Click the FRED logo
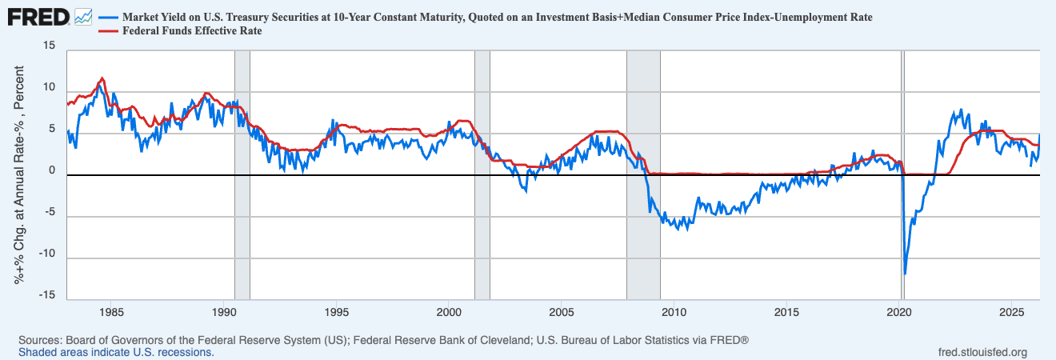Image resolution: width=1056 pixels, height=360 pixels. point(38,18)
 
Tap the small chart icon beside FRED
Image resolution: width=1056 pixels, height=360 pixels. point(83,18)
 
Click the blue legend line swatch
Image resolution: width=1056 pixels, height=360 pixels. point(109,18)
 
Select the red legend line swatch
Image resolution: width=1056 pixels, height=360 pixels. point(109,31)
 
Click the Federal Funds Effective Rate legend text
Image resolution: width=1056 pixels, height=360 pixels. point(192,31)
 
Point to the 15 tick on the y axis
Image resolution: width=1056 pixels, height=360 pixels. point(49,46)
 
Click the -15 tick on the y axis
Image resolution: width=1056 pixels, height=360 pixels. point(46,295)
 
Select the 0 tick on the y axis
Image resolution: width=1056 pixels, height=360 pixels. point(52,170)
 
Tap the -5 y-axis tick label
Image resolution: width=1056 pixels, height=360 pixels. point(50,212)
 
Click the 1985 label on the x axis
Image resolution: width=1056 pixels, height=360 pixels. point(111,313)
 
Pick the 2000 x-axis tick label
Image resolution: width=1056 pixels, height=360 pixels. point(449,313)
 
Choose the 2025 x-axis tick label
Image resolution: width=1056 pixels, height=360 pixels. point(1011,313)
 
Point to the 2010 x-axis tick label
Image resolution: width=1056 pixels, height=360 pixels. point(674,313)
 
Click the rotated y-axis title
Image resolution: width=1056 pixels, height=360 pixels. point(18,175)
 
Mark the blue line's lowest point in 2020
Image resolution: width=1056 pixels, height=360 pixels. point(905,274)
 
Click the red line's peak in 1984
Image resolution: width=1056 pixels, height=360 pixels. point(102,78)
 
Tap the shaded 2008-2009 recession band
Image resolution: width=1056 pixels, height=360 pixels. point(643,175)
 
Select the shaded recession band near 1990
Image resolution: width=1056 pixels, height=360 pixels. point(242,175)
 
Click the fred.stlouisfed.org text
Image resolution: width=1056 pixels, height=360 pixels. point(982,353)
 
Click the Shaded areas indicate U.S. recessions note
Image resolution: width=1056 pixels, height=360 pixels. point(116,353)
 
